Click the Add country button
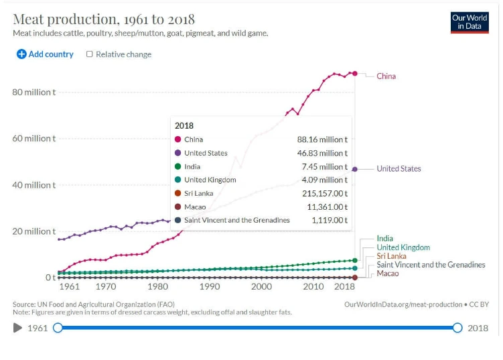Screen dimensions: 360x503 click(x=45, y=54)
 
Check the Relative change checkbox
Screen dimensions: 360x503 click(x=90, y=54)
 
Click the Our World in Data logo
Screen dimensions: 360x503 click(x=470, y=22)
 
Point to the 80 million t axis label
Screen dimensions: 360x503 click(x=34, y=92)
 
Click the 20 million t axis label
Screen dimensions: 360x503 click(x=34, y=231)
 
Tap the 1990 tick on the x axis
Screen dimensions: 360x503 click(x=209, y=286)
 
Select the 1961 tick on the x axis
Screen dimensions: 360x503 click(x=69, y=286)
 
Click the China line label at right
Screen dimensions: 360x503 click(x=386, y=76)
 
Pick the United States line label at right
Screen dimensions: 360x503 click(x=399, y=168)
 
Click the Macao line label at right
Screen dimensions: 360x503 click(x=387, y=274)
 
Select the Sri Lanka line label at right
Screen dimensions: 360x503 click(x=391, y=256)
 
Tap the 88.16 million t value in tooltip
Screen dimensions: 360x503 click(x=322, y=139)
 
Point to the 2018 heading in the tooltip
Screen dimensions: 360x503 click(x=184, y=125)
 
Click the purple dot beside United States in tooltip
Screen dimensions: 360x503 click(x=177, y=153)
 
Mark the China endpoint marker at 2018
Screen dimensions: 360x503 click(x=354, y=74)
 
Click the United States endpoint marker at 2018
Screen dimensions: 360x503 click(x=354, y=169)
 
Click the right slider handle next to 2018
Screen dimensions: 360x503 click(x=457, y=328)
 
